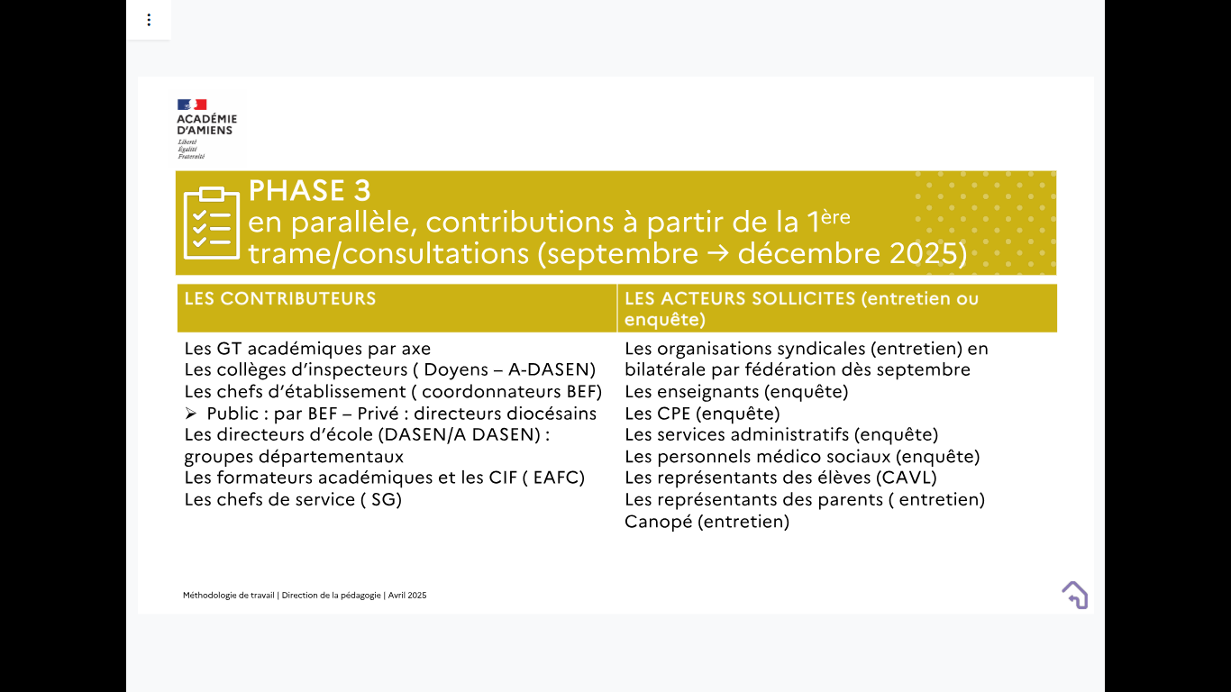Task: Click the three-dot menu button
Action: pyautogui.click(x=149, y=21)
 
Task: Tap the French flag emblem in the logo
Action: pyautogui.click(x=192, y=105)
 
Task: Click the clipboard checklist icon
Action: pyautogui.click(x=212, y=223)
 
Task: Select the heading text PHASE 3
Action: pyautogui.click(x=309, y=190)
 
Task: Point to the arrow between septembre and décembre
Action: pyautogui.click(x=717, y=253)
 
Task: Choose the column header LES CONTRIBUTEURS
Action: pyautogui.click(x=280, y=298)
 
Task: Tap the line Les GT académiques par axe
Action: pyautogui.click(x=308, y=349)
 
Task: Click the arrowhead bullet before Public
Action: pyautogui.click(x=191, y=413)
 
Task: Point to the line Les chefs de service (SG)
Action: pyautogui.click(x=294, y=499)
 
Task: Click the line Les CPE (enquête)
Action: pyautogui.click(x=702, y=414)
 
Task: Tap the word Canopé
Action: pyautogui.click(x=659, y=521)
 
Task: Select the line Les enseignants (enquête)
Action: pyautogui.click(x=736, y=391)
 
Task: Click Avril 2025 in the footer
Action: pyautogui.click(x=407, y=596)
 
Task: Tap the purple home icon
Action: pyautogui.click(x=1075, y=595)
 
